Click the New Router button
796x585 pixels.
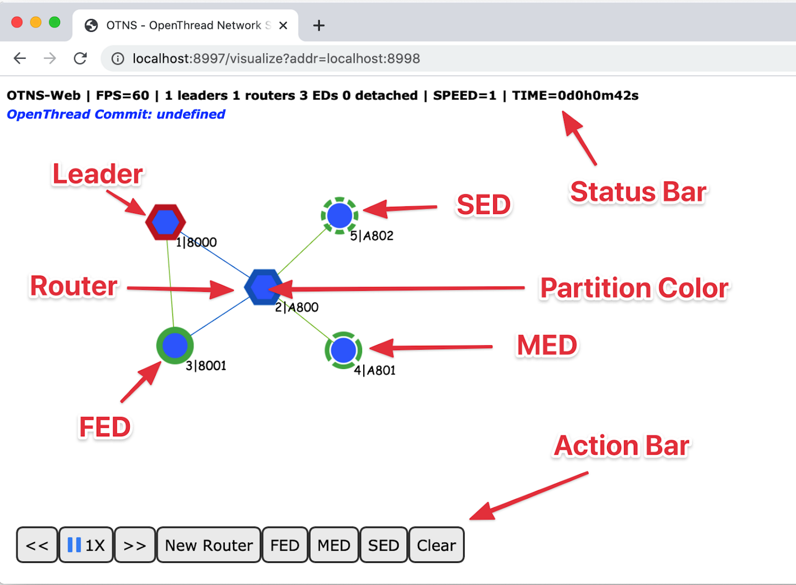pos(208,545)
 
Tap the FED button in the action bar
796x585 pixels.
pos(285,545)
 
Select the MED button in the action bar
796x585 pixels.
pos(334,545)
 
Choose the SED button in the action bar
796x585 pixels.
pos(383,545)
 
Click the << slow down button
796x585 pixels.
pos(37,545)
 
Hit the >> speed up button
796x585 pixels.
pos(135,545)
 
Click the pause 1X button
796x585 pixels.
pos(86,545)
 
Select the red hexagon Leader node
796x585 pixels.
pos(165,222)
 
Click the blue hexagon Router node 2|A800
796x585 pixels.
pos(264,287)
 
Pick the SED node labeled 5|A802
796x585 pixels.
pos(339,215)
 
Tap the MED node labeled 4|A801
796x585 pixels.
pos(343,350)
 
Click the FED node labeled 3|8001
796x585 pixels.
pos(175,345)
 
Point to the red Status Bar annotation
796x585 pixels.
pos(638,192)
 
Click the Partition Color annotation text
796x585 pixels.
pos(634,288)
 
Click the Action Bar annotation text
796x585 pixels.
pos(621,446)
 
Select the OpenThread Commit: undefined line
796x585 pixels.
pos(116,114)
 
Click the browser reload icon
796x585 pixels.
pos(80,58)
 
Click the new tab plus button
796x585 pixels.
pos(319,25)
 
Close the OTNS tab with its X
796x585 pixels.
pos(283,25)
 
